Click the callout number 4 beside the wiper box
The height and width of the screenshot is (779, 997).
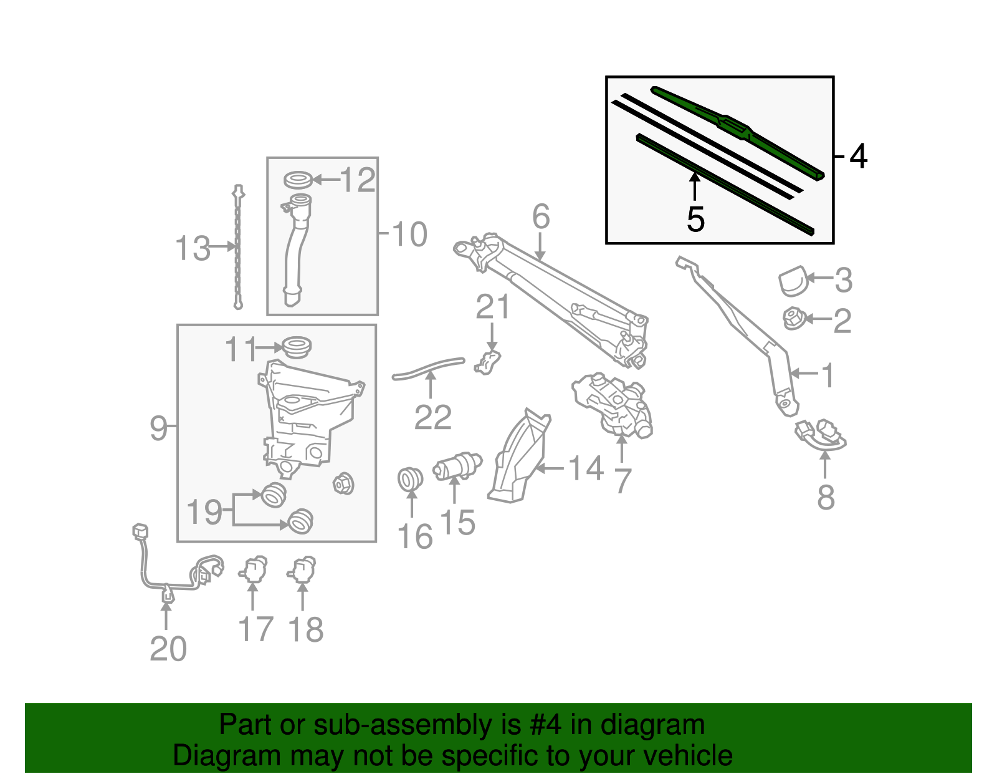point(858,156)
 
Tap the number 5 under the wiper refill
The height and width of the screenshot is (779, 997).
point(695,219)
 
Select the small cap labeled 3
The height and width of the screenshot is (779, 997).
point(793,281)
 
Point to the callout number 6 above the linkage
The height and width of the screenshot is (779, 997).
point(541,216)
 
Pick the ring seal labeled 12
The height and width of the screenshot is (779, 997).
point(298,180)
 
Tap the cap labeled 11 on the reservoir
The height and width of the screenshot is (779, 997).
point(297,347)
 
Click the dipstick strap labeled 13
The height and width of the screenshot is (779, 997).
point(238,247)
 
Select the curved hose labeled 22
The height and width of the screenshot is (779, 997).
point(428,368)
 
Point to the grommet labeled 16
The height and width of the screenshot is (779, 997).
point(410,479)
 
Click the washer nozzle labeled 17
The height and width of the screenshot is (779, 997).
point(253,569)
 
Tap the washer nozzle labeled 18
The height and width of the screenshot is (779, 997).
point(302,569)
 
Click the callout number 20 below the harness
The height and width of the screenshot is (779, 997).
point(168,649)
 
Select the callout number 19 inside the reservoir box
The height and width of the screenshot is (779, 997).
point(204,511)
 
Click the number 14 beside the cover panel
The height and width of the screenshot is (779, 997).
point(586,468)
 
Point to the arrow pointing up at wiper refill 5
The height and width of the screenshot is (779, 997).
point(695,186)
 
